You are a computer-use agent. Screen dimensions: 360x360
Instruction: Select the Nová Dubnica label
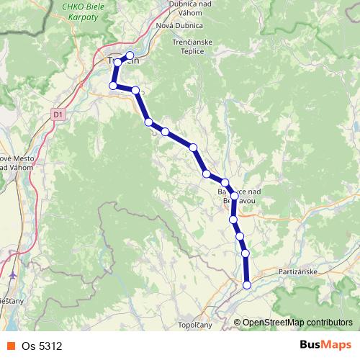(x=183, y=27)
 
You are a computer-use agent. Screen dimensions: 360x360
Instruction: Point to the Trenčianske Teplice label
(x=199, y=47)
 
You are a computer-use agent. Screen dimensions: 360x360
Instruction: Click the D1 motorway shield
(x=58, y=113)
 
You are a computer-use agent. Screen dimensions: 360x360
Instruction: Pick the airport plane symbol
(x=14, y=274)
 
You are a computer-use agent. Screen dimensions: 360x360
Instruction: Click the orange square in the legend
(x=11, y=346)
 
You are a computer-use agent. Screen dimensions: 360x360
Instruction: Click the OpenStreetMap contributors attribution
(x=297, y=323)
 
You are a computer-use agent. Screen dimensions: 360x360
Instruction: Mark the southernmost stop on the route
(x=247, y=285)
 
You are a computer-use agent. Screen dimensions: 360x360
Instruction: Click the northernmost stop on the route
(x=130, y=55)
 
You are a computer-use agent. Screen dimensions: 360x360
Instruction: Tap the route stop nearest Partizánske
(x=247, y=285)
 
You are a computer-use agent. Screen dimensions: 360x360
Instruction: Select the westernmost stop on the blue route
(x=113, y=86)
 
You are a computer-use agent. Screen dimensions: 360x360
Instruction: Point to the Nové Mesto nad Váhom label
(x=14, y=163)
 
